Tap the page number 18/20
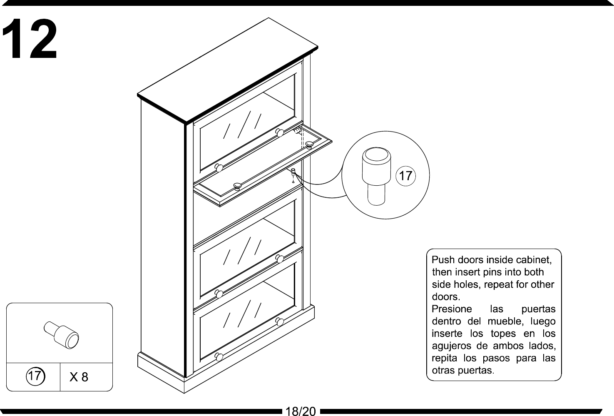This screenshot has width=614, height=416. coord(301,411)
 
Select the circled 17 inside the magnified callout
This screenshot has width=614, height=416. coord(405,176)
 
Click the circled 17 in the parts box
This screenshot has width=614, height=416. coord(35,376)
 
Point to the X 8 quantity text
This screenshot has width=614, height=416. coord(79,377)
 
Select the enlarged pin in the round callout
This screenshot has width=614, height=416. coord(376,175)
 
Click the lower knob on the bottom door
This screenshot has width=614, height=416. coord(219,357)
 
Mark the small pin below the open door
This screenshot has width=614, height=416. coord(293,172)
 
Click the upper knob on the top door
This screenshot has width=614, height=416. coord(280,133)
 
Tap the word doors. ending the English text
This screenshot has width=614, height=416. coord(445,297)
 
